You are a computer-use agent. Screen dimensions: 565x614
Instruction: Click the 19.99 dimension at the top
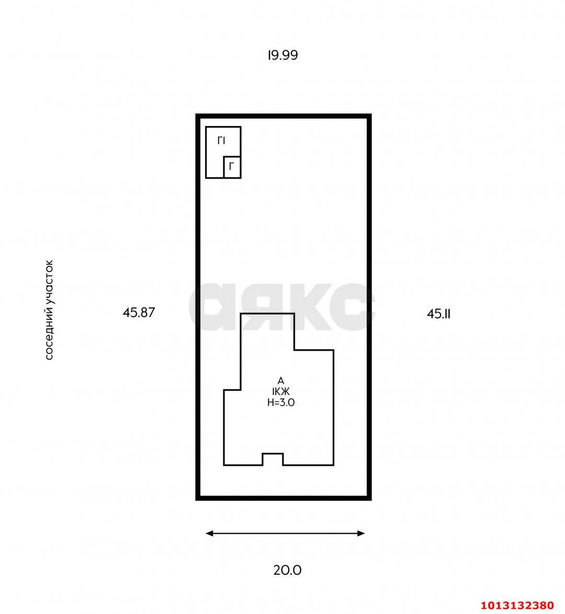coord(283,55)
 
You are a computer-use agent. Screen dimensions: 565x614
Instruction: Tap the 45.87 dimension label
coord(139,312)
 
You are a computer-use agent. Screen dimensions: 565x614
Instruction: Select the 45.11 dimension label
coord(438,314)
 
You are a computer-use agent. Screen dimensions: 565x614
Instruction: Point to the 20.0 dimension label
coord(287,570)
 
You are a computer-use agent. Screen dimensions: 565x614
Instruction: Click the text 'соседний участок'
coord(49,310)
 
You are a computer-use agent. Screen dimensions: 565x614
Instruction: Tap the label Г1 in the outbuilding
coord(221,141)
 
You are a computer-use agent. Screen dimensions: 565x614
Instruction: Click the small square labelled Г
coord(232,167)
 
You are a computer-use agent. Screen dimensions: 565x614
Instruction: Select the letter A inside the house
coord(280,381)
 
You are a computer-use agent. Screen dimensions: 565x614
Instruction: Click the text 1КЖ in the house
coord(281,391)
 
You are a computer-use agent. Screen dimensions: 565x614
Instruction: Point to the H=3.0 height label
coord(281,402)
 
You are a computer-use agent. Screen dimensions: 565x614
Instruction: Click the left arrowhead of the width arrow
coord(210,533)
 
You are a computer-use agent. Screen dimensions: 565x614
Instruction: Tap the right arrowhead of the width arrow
coord(361,533)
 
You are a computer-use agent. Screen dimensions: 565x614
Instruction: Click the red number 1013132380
coord(517,606)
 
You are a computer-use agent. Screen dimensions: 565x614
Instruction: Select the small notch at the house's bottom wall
coord(273,454)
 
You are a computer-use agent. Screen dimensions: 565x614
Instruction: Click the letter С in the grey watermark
coord(352,307)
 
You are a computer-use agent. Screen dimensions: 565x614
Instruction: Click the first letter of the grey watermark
coord(212,307)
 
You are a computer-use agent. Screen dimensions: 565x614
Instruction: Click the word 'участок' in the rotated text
coord(49,282)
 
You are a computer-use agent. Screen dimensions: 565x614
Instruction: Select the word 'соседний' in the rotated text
coord(49,333)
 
